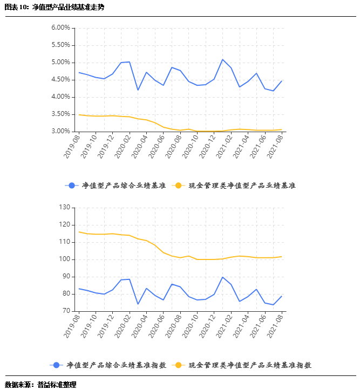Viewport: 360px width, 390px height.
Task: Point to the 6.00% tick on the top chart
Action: (60, 28)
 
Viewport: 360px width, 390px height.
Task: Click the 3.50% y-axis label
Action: (60, 114)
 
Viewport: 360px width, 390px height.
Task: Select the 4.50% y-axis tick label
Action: (60, 80)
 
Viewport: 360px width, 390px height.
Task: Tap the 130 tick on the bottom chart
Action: (65, 207)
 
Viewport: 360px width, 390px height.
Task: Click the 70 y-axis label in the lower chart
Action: (66, 311)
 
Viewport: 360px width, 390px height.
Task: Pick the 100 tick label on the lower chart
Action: (65, 259)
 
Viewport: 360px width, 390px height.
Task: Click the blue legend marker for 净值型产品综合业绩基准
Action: (72, 186)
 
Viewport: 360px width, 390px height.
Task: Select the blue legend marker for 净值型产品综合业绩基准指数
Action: (57, 365)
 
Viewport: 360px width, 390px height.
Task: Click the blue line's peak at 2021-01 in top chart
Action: (222, 59)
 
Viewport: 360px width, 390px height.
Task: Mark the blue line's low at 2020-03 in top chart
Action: (138, 90)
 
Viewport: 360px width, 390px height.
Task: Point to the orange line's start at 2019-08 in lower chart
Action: (79, 232)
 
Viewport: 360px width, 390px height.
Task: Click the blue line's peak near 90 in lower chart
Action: (222, 277)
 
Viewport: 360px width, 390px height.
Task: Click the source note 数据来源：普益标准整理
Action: (40, 385)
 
